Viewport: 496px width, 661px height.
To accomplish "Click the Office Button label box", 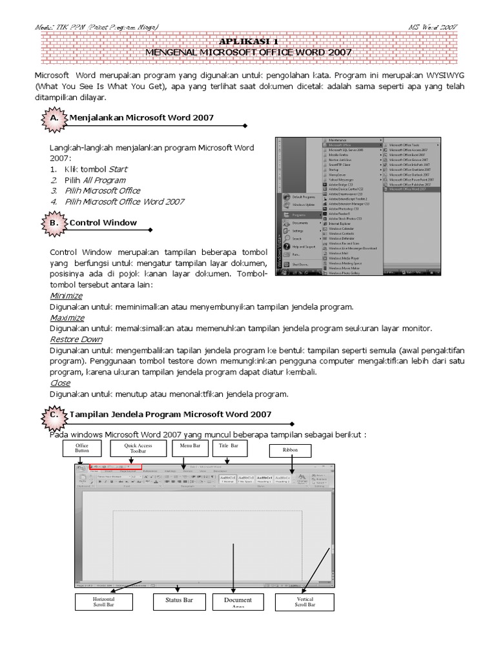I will pyautogui.click(x=81, y=449).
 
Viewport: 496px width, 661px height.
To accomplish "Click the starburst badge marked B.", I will pyautogui.click(x=53, y=223).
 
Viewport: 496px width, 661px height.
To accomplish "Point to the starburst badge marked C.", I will pyautogui.click(x=53, y=415).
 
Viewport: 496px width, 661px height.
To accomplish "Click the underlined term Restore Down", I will pyautogui.click(x=76, y=339).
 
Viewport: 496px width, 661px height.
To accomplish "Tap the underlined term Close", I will pyautogui.click(x=60, y=383).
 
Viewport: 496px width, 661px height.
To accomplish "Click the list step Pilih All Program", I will pyautogui.click(x=95, y=180).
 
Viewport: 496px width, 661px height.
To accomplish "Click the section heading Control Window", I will pyautogui.click(x=103, y=223).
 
